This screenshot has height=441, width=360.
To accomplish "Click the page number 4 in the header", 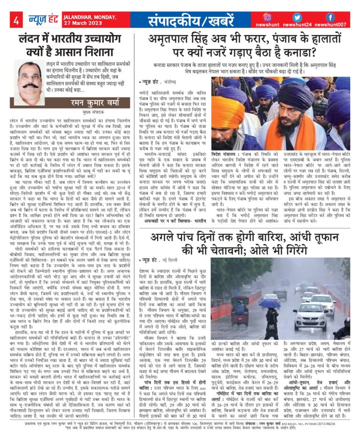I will pyautogui.click(x=16, y=20).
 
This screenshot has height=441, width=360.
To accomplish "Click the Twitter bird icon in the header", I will pyautogui.click(x=298, y=17).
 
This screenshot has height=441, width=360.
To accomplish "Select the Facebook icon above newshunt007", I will pyautogui.click(x=330, y=17).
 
